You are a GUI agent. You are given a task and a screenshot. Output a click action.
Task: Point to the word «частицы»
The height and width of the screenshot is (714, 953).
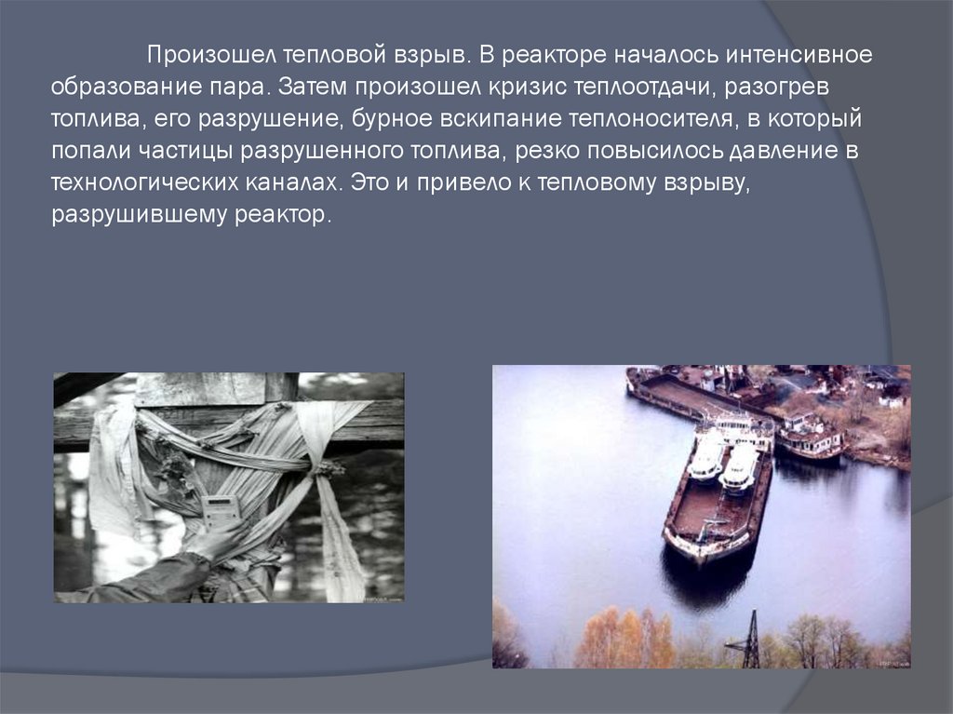coord(185,150)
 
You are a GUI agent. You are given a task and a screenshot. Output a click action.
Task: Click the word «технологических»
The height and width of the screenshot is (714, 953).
coord(144,182)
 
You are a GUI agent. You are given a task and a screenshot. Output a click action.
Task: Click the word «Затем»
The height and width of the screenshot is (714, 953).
coord(313,87)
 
